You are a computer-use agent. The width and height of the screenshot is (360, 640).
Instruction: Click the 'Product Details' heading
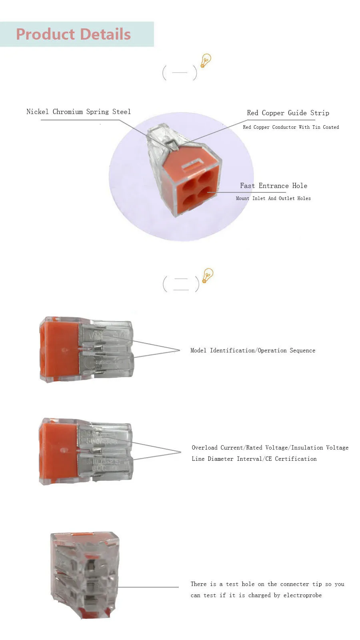pos(73,34)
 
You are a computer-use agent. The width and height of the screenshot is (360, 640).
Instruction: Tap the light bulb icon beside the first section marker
pos(206,61)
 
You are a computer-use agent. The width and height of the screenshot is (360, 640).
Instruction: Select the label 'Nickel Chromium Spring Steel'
pos(78,112)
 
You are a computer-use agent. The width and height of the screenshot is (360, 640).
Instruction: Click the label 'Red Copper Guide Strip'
pos(288,113)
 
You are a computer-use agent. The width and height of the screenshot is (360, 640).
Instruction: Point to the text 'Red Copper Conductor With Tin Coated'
pos(291,127)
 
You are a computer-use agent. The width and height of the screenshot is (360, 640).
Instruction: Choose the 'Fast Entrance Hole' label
pos(274,186)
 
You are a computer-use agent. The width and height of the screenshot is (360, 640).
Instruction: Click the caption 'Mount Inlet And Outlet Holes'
pos(273,198)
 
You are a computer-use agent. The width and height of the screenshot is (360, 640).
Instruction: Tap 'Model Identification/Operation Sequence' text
pos(253,351)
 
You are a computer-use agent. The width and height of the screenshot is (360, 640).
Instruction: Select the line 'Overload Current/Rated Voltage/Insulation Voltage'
pos(270,448)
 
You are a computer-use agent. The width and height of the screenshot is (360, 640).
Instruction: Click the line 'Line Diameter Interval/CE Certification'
pos(254,459)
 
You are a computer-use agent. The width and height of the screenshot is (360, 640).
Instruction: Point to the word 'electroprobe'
pos(302,596)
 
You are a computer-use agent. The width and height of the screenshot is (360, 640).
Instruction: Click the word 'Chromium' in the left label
pos(68,112)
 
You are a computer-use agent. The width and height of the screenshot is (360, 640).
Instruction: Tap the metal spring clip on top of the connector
pos(172,144)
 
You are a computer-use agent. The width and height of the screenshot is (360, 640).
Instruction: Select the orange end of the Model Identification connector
pos(59,350)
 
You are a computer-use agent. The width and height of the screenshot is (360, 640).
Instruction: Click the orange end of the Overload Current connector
pos(58,451)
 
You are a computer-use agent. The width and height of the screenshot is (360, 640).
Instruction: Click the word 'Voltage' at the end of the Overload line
pos(337,448)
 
